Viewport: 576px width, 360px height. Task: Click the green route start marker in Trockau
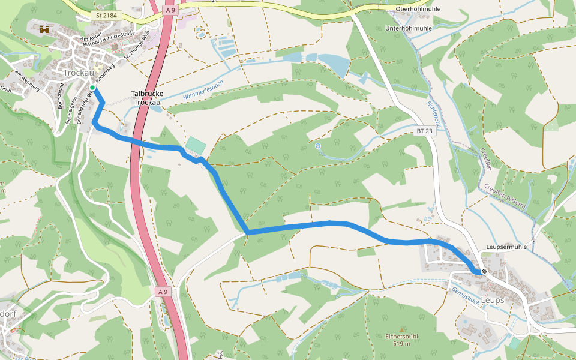point(92,88)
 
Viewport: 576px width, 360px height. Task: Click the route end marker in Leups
point(484,271)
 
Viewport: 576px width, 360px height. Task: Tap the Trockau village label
point(77,73)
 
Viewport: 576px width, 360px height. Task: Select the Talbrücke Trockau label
point(147,98)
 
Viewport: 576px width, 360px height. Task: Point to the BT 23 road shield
point(424,130)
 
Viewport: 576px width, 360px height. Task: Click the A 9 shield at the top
point(170,10)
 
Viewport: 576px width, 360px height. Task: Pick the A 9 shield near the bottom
point(162,292)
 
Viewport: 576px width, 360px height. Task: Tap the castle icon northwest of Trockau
point(44,29)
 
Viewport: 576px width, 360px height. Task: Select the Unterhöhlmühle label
point(409,28)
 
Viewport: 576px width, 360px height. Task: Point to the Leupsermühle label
point(506,247)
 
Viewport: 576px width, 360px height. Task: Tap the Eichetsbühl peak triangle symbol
point(402,329)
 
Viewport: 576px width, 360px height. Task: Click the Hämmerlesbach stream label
point(203,89)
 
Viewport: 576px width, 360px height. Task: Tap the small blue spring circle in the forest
point(318,145)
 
